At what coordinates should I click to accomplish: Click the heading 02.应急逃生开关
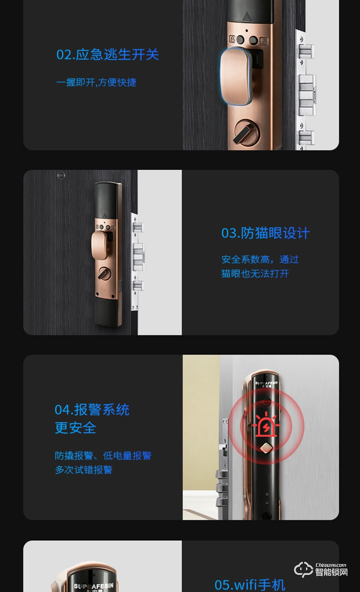point(108,55)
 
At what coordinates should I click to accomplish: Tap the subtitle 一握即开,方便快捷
point(96,82)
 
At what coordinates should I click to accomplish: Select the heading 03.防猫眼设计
point(265,233)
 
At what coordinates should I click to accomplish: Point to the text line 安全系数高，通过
point(260,260)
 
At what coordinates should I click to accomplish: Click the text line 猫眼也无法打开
point(255,274)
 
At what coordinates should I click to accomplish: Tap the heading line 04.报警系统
point(92,410)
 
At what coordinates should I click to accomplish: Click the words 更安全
point(76,427)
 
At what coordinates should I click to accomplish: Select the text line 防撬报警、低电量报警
point(103,456)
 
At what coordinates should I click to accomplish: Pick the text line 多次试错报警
point(84,470)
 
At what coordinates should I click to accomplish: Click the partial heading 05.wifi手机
point(250,584)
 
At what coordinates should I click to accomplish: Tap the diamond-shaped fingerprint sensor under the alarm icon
point(266,450)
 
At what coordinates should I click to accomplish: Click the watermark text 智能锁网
point(331,573)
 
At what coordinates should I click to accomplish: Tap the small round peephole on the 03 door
point(61,175)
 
